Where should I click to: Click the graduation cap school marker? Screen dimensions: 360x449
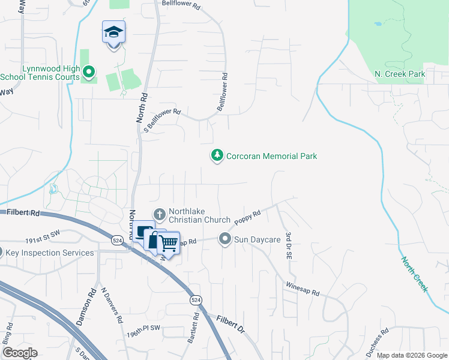click(113, 32)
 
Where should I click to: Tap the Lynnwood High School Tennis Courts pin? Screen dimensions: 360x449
click(89, 73)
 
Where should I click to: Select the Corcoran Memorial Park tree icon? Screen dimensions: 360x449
click(217, 156)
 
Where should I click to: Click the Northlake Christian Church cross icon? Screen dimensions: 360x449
click(160, 214)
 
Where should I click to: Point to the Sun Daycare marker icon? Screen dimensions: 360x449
click(225, 239)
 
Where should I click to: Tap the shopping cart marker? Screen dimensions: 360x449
click(169, 243)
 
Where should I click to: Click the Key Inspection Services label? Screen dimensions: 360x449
click(50, 253)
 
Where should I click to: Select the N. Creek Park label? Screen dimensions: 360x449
click(400, 74)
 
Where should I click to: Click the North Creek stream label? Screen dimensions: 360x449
click(414, 274)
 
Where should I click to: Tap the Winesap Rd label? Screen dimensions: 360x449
click(303, 289)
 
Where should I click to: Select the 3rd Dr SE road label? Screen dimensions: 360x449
click(289, 247)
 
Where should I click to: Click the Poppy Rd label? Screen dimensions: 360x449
click(248, 218)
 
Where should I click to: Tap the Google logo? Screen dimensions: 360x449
click(20, 353)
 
